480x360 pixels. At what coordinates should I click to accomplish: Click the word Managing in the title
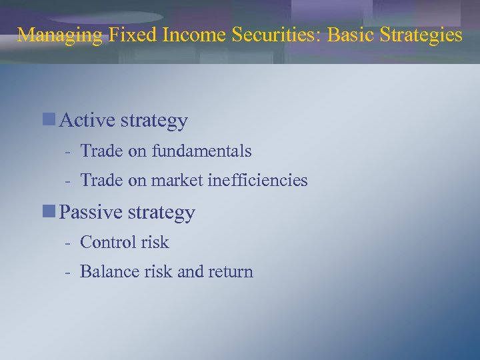[x=59, y=35]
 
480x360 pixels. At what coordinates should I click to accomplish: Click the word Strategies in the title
[x=420, y=35]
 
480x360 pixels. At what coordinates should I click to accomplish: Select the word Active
[x=87, y=121]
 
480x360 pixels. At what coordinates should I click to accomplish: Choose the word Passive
[x=90, y=213]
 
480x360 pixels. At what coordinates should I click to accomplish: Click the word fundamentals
[x=201, y=151]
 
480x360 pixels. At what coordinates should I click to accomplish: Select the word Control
[x=108, y=242]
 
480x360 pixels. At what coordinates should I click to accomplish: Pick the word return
[x=231, y=272]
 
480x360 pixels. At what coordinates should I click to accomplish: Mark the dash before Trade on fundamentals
[x=68, y=152]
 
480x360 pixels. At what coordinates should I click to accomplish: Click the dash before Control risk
[x=68, y=243]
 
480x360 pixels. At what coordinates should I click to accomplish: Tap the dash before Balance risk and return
[x=68, y=273]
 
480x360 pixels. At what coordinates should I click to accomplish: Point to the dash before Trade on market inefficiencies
[x=68, y=181]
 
